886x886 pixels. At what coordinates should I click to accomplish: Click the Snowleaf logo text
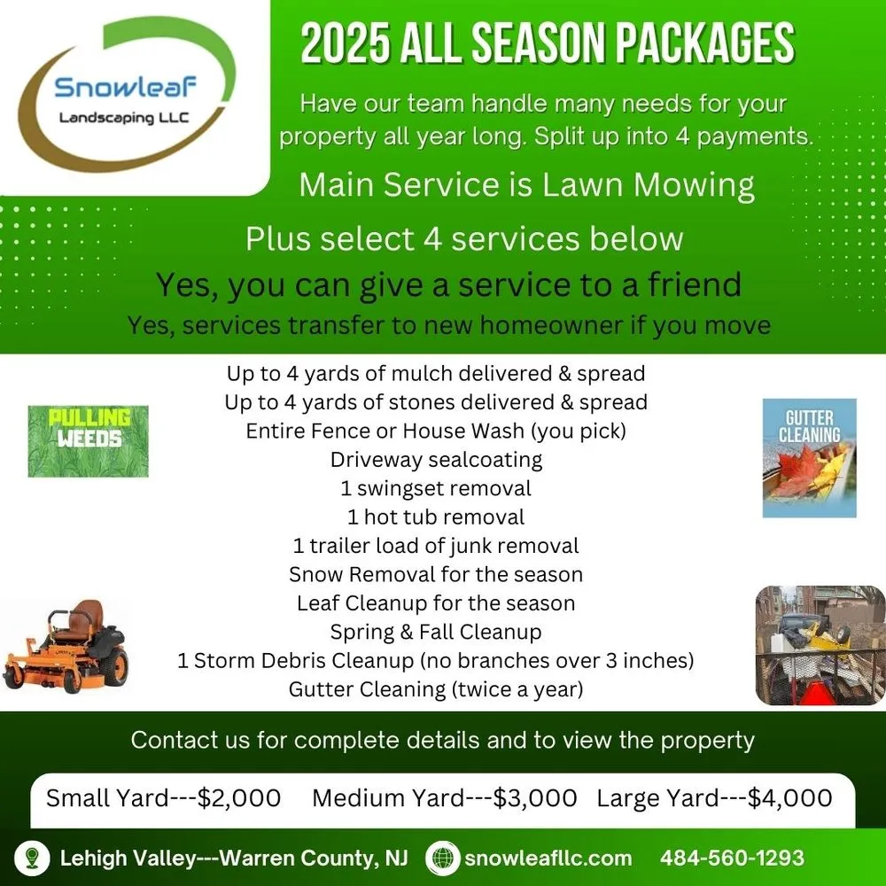pos(125,88)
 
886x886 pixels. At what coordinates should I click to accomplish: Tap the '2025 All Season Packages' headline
pos(547,44)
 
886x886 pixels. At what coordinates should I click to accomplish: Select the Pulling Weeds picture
pos(88,440)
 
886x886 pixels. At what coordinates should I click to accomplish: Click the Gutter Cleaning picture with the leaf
pos(809,457)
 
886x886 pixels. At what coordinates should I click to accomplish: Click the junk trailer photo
pos(820,644)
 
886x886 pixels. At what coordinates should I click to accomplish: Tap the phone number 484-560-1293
pos(732,858)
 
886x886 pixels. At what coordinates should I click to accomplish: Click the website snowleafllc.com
pos(548,858)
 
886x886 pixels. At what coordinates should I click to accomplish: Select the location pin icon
pos(32,858)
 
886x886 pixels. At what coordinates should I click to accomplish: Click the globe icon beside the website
pos(442,858)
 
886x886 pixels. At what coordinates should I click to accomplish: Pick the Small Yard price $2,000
pos(239,797)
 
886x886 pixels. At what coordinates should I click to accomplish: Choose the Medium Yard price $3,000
pos(535,797)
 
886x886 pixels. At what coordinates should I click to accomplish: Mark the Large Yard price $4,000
pos(789,797)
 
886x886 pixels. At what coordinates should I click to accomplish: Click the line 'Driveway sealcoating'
pos(436,460)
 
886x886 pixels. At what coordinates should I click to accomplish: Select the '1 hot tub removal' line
pos(436,517)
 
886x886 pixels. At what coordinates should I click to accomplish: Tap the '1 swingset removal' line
pos(436,488)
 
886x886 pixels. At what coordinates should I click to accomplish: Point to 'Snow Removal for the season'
pos(436,574)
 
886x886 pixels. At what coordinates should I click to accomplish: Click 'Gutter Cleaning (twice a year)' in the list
pos(436,689)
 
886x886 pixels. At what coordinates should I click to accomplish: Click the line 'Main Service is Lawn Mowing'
pos(527,185)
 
